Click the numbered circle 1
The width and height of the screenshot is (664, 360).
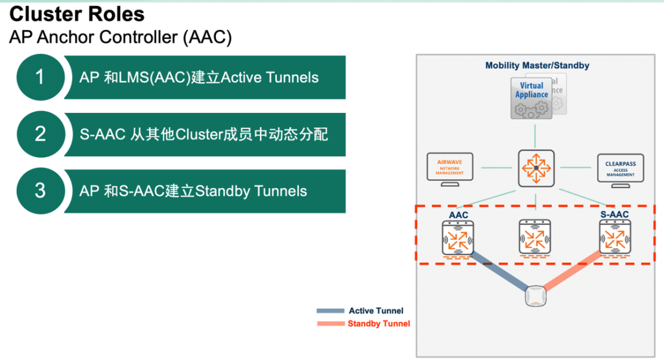click(x=40, y=77)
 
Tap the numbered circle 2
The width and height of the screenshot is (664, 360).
click(x=40, y=134)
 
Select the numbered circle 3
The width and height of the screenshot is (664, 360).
click(x=40, y=191)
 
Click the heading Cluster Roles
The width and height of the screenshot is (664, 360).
click(x=77, y=14)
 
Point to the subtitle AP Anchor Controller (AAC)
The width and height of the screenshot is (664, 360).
click(x=121, y=37)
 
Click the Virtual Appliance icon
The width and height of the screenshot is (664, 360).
click(x=532, y=98)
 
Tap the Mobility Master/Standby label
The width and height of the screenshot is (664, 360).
click(x=537, y=66)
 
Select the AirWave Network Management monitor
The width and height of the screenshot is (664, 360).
click(x=450, y=169)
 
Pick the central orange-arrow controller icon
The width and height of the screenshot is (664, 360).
click(x=536, y=168)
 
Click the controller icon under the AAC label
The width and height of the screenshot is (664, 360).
click(x=458, y=239)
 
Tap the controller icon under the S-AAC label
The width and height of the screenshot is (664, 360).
click(x=615, y=239)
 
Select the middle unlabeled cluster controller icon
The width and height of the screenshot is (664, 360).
click(x=535, y=238)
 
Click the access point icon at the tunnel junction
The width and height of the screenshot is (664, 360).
click(x=536, y=296)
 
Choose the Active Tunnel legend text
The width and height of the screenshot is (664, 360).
click(x=376, y=311)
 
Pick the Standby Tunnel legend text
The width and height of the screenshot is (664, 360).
click(x=379, y=324)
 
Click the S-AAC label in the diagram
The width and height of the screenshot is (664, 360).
click(x=615, y=214)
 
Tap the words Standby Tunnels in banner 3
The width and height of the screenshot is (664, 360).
click(x=251, y=191)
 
